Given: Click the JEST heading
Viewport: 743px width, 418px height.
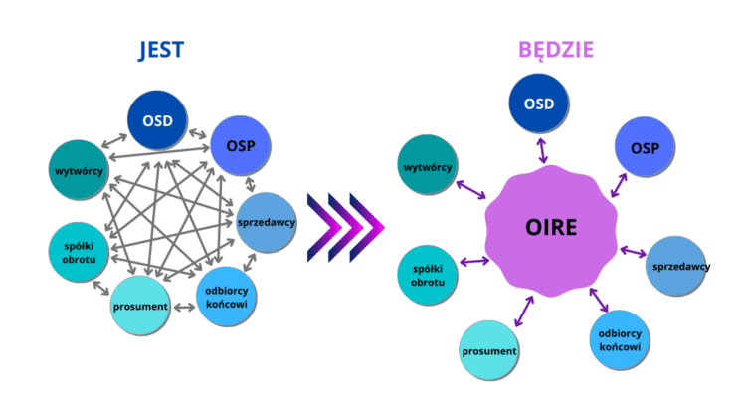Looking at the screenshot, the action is coord(161,50).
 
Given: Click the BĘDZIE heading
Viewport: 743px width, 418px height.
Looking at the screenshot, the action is coord(556,50).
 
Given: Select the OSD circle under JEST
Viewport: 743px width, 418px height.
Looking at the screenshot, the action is coord(157,120).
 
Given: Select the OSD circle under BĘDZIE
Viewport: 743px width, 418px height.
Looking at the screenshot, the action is coord(539,104).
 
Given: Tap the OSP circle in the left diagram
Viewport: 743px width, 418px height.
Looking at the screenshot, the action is coord(241,146).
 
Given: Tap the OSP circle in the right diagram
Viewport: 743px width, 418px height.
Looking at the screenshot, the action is coord(645,147).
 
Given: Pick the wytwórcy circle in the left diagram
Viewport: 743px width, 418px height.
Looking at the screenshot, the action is coord(79,170).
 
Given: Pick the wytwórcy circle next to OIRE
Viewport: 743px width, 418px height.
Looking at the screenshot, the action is coord(428,165).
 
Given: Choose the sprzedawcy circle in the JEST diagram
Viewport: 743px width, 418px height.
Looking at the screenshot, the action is coord(267,222).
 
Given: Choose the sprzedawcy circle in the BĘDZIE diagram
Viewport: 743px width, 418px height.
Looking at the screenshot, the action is coord(676,266).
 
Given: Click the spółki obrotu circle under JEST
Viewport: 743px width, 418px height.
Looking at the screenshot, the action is coord(79,252).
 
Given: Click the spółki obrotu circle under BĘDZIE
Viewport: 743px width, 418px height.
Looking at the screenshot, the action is coord(428,275).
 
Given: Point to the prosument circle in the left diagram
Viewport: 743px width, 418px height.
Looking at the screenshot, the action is coord(140,306).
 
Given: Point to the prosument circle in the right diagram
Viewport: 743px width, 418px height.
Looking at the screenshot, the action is coord(489,350).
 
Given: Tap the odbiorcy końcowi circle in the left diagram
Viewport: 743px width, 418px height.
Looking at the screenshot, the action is coord(227,298).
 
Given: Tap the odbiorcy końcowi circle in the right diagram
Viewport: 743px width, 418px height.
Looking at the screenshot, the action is coord(620,339).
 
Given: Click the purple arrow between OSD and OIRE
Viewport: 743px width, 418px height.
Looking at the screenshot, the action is coord(542,150).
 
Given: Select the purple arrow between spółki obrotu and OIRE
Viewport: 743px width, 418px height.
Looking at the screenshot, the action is coord(474,261).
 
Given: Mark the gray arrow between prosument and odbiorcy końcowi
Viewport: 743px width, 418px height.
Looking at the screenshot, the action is coord(184,308).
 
